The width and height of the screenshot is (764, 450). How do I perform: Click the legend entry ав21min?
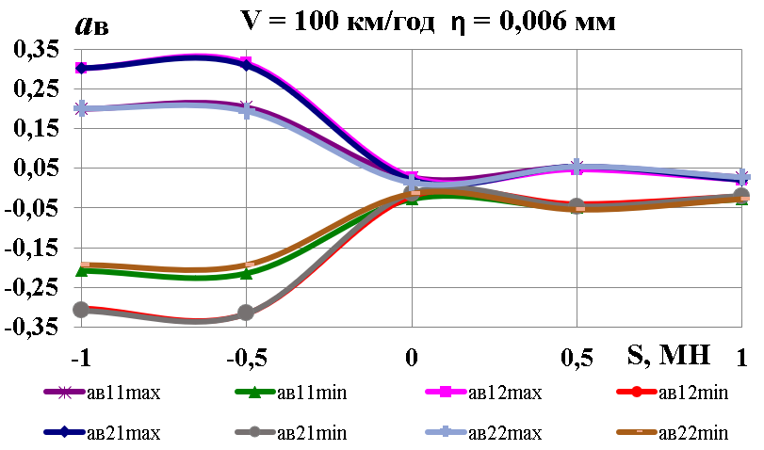point(301,433)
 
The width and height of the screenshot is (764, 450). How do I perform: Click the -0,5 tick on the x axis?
point(244,359)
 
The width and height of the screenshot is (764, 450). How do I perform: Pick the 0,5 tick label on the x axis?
point(577,359)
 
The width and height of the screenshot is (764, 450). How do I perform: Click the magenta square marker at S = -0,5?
point(246,64)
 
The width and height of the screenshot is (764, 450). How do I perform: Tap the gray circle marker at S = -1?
point(81,309)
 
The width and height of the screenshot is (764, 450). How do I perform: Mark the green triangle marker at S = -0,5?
point(246,273)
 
